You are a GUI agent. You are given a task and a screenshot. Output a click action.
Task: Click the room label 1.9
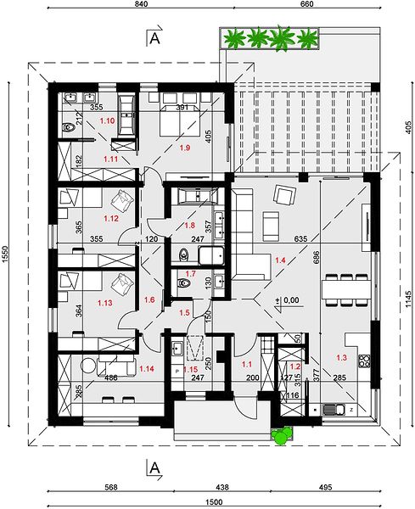click(185, 148)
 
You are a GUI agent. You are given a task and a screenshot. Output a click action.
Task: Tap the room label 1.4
click(280, 260)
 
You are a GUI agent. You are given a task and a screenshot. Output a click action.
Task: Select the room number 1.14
click(147, 369)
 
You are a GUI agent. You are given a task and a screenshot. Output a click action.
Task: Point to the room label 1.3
click(342, 358)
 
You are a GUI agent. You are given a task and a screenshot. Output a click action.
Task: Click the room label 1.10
click(107, 120)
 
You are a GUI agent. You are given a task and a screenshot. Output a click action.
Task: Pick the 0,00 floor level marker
click(291, 300)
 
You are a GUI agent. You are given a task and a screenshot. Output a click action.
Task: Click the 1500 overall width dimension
click(215, 502)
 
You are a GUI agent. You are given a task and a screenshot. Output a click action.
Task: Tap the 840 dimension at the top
click(141, 4)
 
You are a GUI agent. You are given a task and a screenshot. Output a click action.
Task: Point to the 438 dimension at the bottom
click(222, 487)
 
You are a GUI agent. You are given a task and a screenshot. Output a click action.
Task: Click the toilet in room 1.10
click(70, 127)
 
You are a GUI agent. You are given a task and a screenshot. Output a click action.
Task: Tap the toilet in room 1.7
click(184, 283)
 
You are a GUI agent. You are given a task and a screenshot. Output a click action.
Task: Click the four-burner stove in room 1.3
click(364, 361)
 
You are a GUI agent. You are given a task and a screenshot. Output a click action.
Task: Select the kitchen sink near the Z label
click(334, 410)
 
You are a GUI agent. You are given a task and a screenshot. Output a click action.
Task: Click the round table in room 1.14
click(88, 366)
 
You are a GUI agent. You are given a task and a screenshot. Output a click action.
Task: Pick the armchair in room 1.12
click(122, 200)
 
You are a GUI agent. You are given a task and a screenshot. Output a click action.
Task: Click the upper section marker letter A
click(154, 38)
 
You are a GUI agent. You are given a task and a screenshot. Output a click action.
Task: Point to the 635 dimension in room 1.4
click(300, 239)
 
